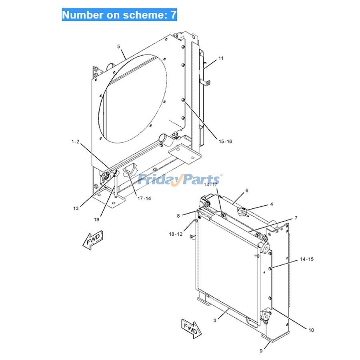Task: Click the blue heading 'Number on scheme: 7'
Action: (x=119, y=15)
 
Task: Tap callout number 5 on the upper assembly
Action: (x=118, y=46)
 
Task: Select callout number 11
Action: (x=221, y=58)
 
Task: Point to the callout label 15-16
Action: (x=225, y=142)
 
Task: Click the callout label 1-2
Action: (x=75, y=142)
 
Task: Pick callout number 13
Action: (x=76, y=208)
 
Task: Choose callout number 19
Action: (x=97, y=220)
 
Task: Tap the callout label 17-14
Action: (x=144, y=198)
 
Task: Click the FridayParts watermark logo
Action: (x=180, y=180)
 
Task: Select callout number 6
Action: (x=247, y=190)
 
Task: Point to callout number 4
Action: (x=272, y=204)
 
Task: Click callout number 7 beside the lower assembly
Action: (x=296, y=218)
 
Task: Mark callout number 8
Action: (x=178, y=216)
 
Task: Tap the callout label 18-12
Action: (x=176, y=234)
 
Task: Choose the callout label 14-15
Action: (x=307, y=259)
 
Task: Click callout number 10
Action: (x=311, y=330)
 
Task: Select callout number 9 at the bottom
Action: (x=261, y=351)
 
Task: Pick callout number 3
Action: (x=215, y=320)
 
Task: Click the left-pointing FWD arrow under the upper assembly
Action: (x=93, y=240)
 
